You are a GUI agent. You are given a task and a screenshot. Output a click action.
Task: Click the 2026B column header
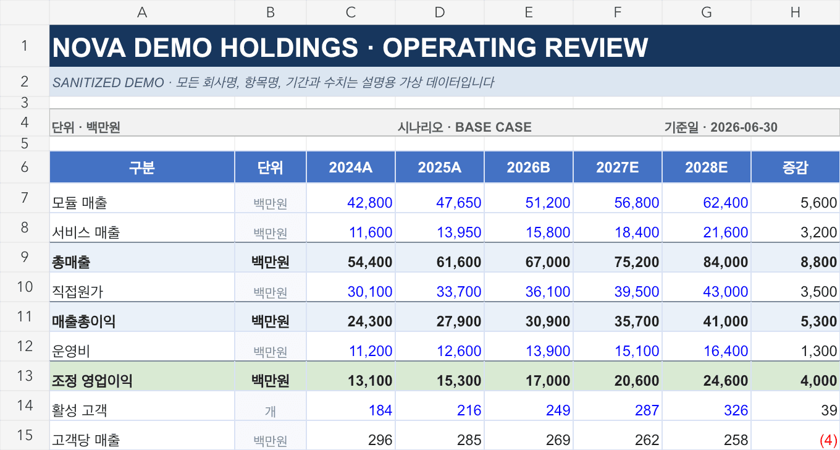[x=528, y=168]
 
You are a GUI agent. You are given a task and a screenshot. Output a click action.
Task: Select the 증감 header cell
[x=795, y=168]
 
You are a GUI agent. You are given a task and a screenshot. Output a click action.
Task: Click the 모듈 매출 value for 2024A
[x=369, y=203]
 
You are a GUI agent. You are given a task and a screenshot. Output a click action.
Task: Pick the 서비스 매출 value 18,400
[x=636, y=232]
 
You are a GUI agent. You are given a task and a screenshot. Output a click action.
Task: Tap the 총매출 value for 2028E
[x=725, y=262]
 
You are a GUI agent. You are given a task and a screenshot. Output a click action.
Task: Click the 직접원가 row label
[x=77, y=292]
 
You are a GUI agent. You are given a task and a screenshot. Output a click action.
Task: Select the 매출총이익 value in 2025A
[x=459, y=321]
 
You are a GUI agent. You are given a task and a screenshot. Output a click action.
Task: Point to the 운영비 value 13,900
[x=547, y=351]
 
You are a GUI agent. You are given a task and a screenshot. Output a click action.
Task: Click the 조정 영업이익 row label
[x=92, y=381]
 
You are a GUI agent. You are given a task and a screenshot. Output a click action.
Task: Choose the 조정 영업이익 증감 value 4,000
[x=818, y=381]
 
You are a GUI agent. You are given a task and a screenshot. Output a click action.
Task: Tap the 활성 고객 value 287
[x=647, y=410]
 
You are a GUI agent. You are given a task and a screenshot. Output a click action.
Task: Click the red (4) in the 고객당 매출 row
[x=828, y=440]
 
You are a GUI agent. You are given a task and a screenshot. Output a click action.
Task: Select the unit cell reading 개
[x=271, y=411]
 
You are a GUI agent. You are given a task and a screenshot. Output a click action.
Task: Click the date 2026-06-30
[x=744, y=127]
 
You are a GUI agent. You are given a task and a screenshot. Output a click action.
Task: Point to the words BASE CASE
[x=493, y=127]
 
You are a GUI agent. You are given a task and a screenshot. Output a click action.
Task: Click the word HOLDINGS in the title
[x=289, y=48]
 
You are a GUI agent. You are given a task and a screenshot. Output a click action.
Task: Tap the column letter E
[x=528, y=12]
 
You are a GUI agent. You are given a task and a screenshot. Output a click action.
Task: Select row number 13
[x=24, y=376]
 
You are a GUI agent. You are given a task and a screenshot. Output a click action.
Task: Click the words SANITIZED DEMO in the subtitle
[x=108, y=83]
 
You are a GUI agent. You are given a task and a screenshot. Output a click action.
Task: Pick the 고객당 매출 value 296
[x=380, y=440]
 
